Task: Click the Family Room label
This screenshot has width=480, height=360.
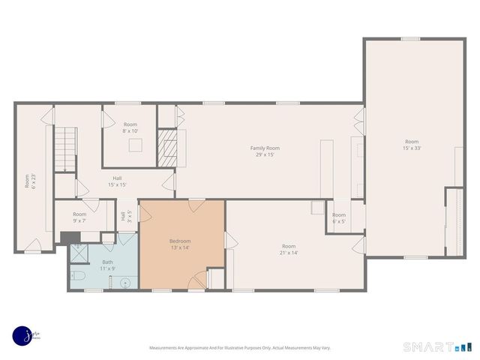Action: pos(265,151)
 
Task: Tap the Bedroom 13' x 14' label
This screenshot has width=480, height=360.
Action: pos(180,244)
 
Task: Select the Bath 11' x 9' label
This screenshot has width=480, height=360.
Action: pos(108,265)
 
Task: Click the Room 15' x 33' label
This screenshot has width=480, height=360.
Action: pos(412,145)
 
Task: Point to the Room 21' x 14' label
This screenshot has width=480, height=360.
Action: pos(289,250)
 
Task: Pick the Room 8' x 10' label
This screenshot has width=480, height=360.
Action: pos(130,127)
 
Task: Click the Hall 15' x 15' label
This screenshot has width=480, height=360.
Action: pos(117,181)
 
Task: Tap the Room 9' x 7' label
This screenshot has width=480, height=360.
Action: pos(79,217)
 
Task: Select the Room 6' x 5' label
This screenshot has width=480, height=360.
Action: pos(339,218)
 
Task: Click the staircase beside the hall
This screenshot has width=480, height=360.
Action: pos(67,148)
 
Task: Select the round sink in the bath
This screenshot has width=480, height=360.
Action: pos(124,283)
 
